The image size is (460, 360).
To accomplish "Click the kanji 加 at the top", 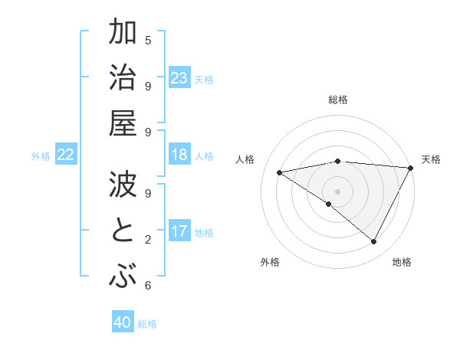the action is click(x=122, y=34).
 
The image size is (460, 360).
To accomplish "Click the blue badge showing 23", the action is click(x=179, y=78).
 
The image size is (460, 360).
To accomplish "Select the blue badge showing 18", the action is click(x=179, y=155).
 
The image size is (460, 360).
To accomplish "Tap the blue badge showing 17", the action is click(x=179, y=231).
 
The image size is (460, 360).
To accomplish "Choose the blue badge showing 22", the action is click(x=66, y=155).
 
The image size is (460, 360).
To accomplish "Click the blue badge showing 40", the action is click(x=123, y=323).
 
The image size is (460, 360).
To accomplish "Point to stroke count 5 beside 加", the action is click(x=148, y=40).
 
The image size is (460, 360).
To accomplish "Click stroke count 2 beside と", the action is click(x=148, y=239).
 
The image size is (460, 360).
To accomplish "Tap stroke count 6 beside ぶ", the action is click(x=148, y=286).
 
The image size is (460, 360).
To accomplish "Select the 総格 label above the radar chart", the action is click(x=338, y=100).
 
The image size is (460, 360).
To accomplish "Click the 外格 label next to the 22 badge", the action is click(x=41, y=156).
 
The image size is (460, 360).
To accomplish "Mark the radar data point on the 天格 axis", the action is click(x=411, y=168).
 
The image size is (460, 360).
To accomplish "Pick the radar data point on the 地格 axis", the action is click(x=374, y=241).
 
